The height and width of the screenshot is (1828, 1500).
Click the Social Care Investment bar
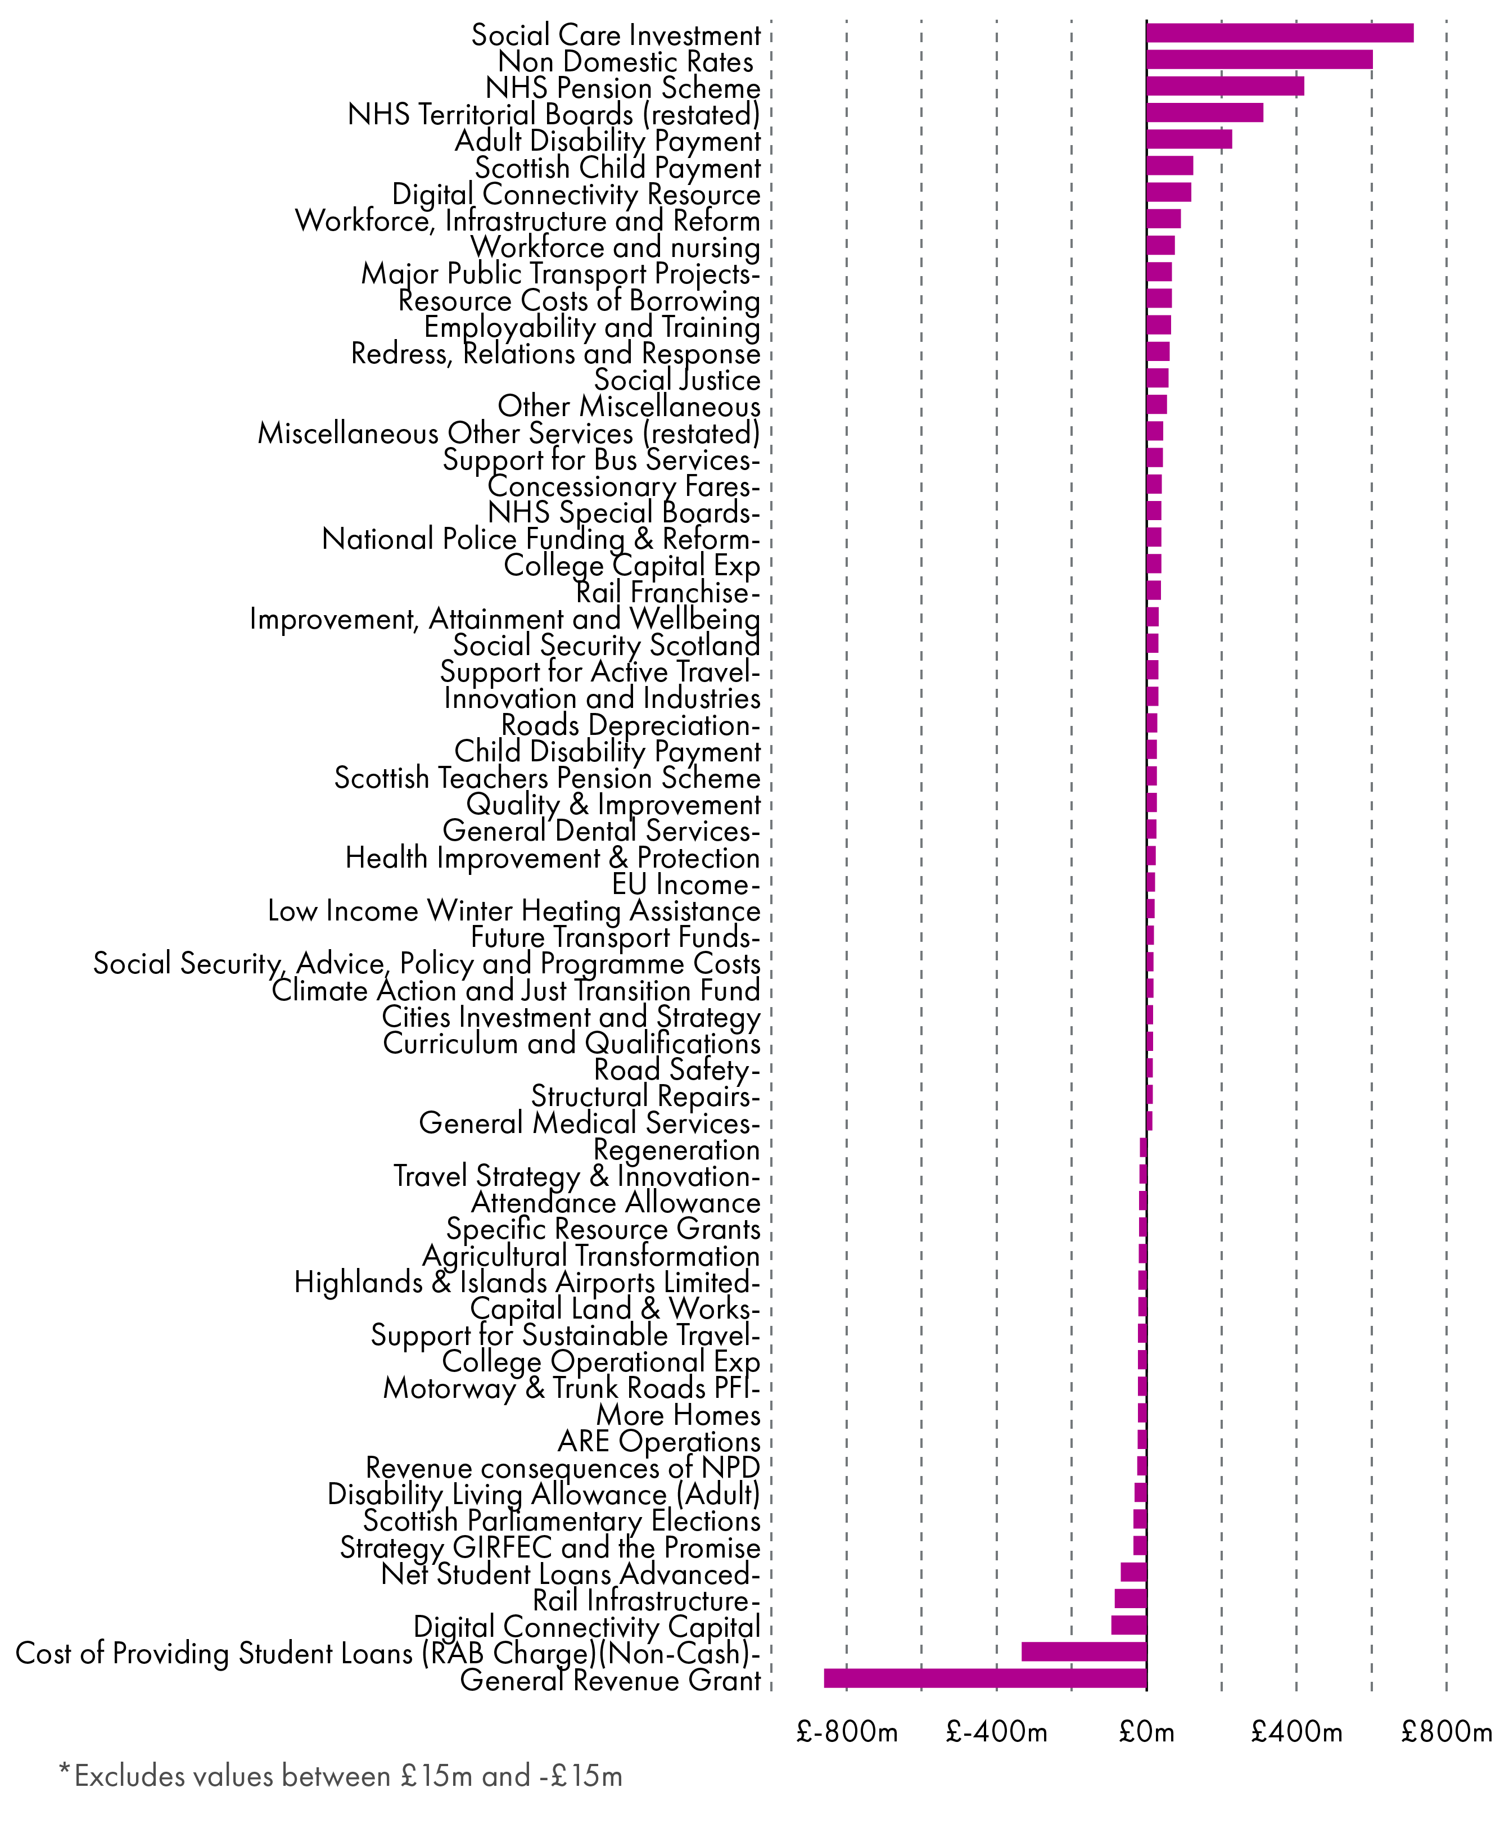(1279, 33)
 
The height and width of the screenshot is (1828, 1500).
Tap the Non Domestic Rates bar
(1259, 60)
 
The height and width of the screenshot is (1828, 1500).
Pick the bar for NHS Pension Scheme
(1225, 87)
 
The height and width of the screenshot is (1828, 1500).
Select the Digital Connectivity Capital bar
(1128, 1625)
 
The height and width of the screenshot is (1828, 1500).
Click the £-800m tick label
(847, 1732)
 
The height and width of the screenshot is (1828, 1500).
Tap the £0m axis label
(1146, 1732)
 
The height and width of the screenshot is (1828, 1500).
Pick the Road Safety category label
(676, 1070)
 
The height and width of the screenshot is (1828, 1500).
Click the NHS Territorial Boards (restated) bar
(1204, 112)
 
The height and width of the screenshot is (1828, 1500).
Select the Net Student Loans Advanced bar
(1133, 1572)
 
